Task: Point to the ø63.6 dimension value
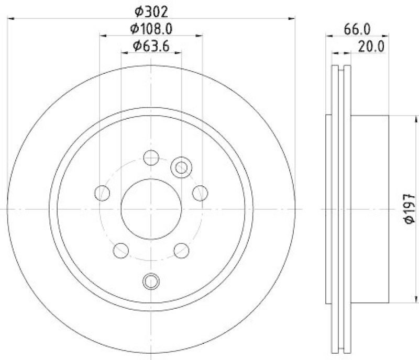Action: point(151,46)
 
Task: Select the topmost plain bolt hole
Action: point(151,157)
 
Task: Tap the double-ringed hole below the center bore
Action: point(151,281)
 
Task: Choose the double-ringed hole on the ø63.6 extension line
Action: point(181,167)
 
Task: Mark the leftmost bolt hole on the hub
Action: point(102,193)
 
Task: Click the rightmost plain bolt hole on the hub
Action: point(200,193)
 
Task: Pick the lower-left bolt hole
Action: point(120,250)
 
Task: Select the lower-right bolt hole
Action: point(181,250)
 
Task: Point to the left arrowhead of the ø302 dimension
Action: point(10,18)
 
